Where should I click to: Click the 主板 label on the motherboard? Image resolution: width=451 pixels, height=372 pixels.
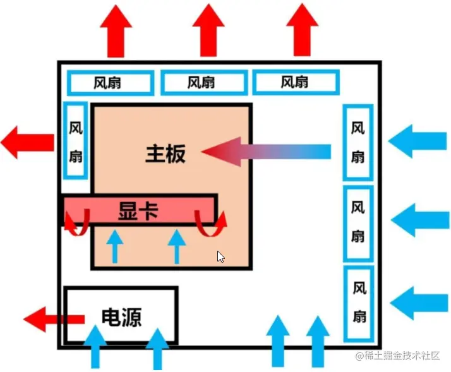pyautogui.click(x=165, y=153)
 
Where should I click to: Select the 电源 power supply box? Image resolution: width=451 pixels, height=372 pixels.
pyautogui.click(x=121, y=315)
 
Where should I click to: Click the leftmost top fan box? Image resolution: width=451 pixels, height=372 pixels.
pyautogui.click(x=110, y=82)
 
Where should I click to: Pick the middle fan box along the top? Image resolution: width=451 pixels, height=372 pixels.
pyautogui.click(x=203, y=82)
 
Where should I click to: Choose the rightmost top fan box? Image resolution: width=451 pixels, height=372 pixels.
pyautogui.click(x=296, y=82)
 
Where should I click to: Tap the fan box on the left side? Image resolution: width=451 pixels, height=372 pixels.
pyautogui.click(x=76, y=140)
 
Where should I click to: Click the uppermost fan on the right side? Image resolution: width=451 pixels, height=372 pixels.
pyautogui.click(x=358, y=142)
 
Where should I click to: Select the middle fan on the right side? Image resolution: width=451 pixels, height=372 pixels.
pyautogui.click(x=358, y=222)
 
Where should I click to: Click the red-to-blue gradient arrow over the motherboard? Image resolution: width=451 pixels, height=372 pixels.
pyautogui.click(x=265, y=152)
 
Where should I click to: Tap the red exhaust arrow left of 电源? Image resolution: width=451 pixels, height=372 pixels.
pyautogui.click(x=54, y=318)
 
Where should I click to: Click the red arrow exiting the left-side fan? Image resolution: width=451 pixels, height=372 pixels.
pyautogui.click(x=28, y=141)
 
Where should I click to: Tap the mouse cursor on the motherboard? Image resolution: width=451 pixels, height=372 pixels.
pyautogui.click(x=220, y=256)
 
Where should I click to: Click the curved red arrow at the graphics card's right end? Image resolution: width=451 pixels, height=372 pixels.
pyautogui.click(x=212, y=221)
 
